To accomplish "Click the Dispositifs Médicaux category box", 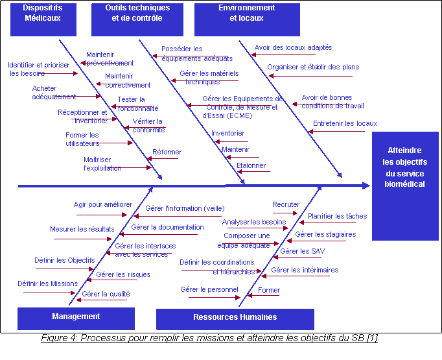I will tap(42, 18).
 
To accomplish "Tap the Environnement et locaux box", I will tap(247, 18).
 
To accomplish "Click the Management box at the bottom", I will tap(76, 317).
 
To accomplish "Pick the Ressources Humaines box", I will tap(235, 318).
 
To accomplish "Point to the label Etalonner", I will tap(251, 166).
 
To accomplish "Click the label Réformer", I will tap(167, 152).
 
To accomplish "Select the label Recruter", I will tap(286, 205).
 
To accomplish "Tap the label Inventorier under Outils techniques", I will tap(228, 133).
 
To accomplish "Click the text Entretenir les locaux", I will tap(345, 123).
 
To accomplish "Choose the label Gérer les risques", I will tap(123, 275).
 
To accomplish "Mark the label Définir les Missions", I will tap(48, 283).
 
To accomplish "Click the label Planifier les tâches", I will tap(337, 217).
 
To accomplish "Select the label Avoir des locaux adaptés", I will tap(293, 47).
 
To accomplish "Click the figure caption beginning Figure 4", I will tap(209, 339).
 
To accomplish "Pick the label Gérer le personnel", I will tap(209, 289).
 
